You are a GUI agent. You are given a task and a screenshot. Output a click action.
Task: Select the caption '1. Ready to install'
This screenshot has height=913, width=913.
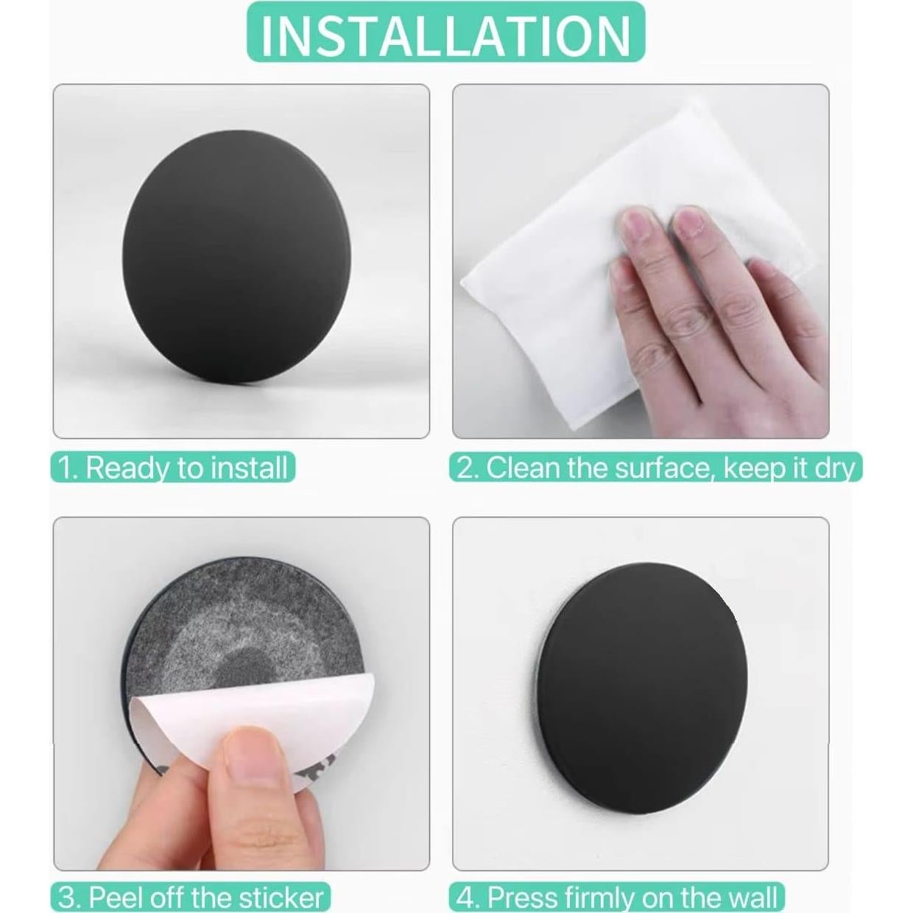pos(173,467)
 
